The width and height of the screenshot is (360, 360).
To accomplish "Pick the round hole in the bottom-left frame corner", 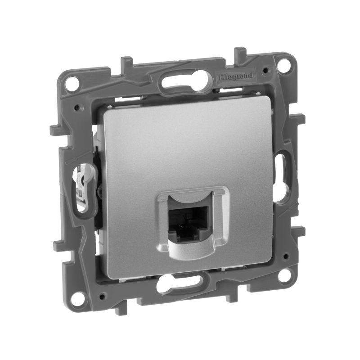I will (x=78, y=297).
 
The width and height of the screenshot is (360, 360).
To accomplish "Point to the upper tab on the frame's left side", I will (x=54, y=130).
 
